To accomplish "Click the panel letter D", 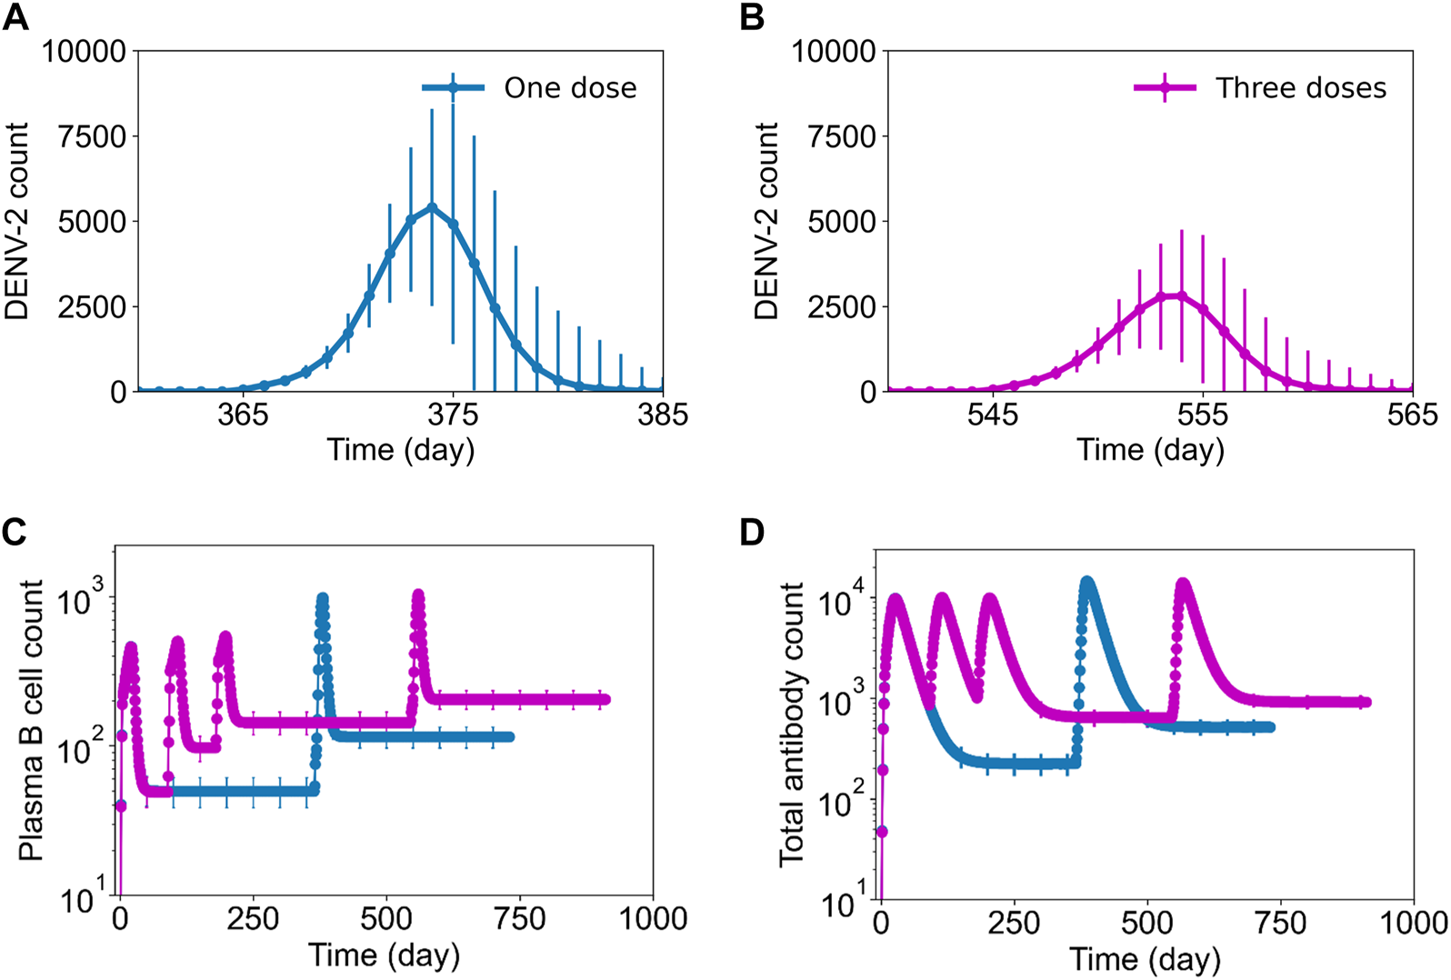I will coord(752,533).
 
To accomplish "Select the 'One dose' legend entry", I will coord(570,88).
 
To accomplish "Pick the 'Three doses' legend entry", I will coord(1300,88).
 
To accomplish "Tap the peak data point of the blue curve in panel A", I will coord(432,207).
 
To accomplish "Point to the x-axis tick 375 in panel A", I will coord(453,415).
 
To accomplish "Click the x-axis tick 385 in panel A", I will coord(663,415).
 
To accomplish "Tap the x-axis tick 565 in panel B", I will coord(1412,415).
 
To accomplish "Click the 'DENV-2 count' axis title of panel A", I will coord(17,221).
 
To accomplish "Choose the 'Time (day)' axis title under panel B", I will coord(1150,450).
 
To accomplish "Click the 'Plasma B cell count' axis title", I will coord(31,719).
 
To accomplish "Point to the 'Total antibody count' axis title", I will coord(791,725).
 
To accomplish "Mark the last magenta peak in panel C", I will coord(418,595).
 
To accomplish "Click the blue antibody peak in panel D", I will coord(1086,582).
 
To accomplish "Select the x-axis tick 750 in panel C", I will coord(520,919).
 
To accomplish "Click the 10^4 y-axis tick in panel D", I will coord(841,602).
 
